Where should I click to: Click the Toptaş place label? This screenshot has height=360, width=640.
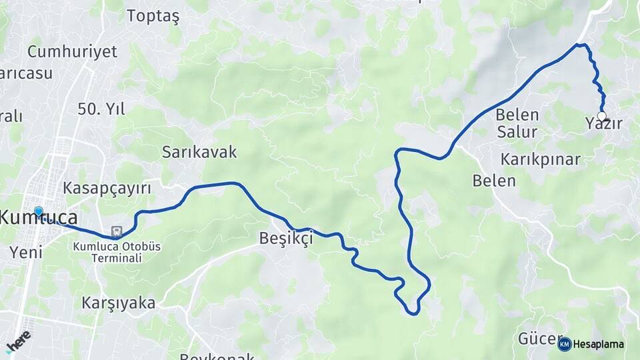pyautogui.click(x=153, y=16)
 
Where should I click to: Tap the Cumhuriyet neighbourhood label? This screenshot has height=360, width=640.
pyautogui.click(x=72, y=51)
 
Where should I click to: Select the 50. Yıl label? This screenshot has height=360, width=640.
pyautogui.click(x=101, y=110)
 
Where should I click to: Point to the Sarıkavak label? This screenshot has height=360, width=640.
pyautogui.click(x=199, y=152)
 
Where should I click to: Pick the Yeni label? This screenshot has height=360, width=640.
pyautogui.click(x=26, y=252)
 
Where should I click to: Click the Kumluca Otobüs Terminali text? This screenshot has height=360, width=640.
pyautogui.click(x=117, y=252)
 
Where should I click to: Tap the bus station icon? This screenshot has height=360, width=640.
pyautogui.click(x=117, y=231)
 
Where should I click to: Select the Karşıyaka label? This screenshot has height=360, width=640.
pyautogui.click(x=118, y=303)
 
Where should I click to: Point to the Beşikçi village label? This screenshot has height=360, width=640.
pyautogui.click(x=286, y=239)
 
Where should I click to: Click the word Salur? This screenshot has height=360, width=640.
pyautogui.click(x=517, y=132)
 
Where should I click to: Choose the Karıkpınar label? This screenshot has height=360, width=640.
pyautogui.click(x=541, y=160)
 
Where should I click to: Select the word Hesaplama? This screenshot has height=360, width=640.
pyautogui.click(x=599, y=345)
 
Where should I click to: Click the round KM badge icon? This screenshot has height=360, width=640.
pyautogui.click(x=565, y=344)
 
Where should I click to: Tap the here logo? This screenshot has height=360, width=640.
pyautogui.click(x=19, y=340)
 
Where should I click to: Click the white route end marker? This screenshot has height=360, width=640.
pyautogui.click(x=602, y=116)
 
